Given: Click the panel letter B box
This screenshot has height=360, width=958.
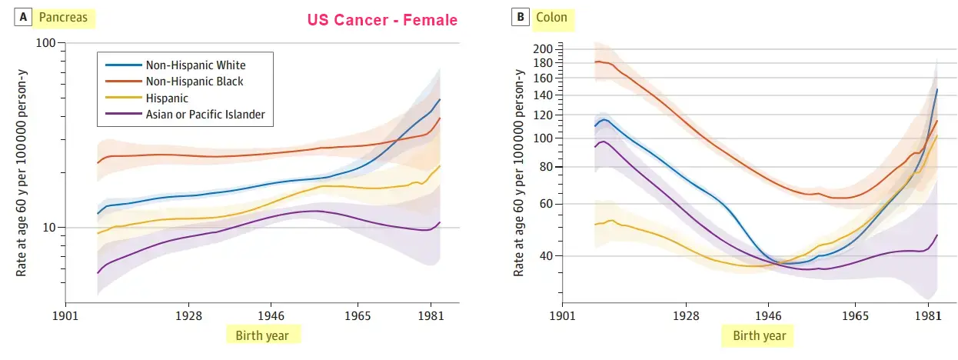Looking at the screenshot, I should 521,17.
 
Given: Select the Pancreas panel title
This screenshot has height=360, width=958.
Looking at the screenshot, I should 65,17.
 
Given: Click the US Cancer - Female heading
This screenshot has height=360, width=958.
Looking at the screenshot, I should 382,20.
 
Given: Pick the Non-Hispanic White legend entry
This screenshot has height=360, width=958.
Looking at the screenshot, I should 195,65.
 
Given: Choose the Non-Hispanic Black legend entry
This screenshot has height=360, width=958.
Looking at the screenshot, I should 195,82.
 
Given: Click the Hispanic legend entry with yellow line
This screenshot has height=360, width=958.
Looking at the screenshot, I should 166,98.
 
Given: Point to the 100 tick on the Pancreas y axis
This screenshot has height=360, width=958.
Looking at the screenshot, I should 47,43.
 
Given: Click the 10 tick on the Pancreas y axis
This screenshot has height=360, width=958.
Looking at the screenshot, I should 50,228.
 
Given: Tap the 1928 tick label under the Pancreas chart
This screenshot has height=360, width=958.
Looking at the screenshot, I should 188,315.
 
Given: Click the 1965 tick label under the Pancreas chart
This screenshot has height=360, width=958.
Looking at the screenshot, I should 358,315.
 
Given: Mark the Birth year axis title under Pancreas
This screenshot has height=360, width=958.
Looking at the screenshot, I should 263,335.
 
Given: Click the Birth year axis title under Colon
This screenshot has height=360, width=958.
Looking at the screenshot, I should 759,335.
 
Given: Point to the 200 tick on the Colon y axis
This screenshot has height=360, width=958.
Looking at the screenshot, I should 543,49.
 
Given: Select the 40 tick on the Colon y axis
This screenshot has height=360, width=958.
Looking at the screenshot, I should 546,256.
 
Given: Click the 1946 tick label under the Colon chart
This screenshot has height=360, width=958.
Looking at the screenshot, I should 768,315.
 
